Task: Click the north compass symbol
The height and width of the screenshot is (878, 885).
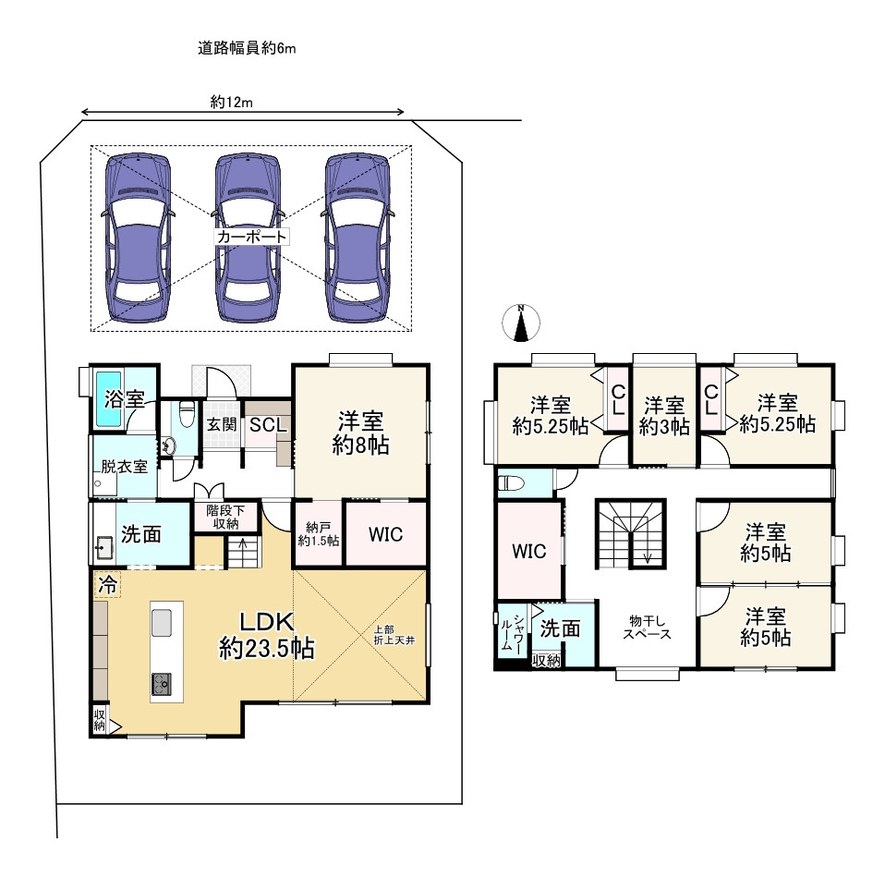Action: pos(522,323)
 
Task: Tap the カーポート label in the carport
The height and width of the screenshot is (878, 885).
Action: pos(251,237)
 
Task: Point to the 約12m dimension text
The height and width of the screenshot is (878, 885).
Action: pos(231,103)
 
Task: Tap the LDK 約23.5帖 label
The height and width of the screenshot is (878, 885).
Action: pos(266,636)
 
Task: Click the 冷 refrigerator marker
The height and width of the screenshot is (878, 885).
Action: pos(107,585)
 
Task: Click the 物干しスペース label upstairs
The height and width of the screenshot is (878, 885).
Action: pos(646,628)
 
